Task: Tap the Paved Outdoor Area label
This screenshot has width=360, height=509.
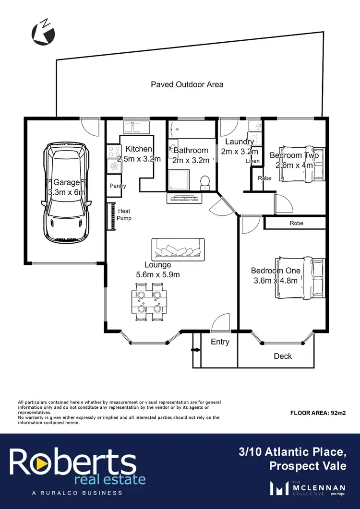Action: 187,84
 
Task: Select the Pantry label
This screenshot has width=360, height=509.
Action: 118,186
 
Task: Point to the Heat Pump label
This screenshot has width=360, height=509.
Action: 123,214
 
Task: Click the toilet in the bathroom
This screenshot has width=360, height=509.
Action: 204,181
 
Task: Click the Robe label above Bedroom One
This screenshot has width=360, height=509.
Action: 297,223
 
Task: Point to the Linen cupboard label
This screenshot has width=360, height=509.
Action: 252,161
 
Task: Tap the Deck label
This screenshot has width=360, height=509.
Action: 283,356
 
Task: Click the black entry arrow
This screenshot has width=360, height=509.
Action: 195,350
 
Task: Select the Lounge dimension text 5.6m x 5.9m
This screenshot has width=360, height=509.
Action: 158,275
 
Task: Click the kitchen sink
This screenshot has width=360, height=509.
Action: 136,127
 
